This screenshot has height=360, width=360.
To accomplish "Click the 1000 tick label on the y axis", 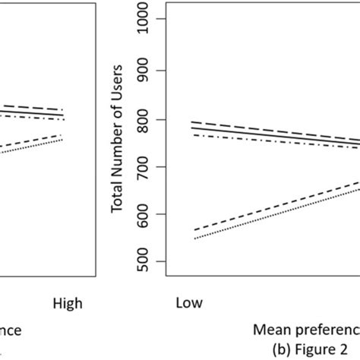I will coord(157,22).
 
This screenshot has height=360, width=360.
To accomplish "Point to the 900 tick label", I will coord(157,71).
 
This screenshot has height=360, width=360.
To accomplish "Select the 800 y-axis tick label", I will coord(157,119).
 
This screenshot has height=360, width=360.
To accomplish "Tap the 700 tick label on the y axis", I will coord(157,167).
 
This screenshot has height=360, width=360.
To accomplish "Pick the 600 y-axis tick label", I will coord(157,215).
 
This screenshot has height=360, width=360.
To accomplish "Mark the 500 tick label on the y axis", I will coord(157,263).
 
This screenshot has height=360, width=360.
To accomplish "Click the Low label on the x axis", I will coord(188,303).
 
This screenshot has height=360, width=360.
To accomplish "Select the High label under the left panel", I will coord(68,303).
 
